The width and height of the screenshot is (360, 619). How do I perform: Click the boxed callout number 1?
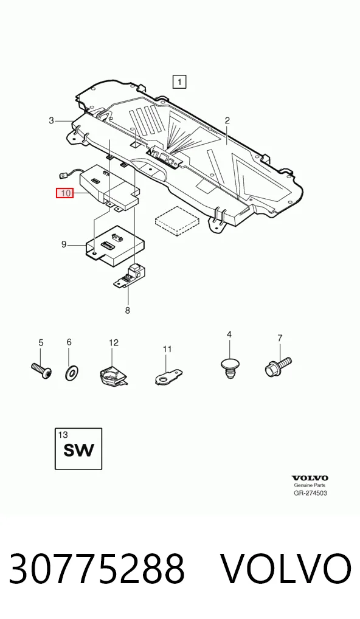click(179, 82)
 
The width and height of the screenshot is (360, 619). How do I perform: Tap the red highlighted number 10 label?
click(64, 193)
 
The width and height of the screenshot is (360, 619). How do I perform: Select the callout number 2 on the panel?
click(227, 120)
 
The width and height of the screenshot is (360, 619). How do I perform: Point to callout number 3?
click(51, 120)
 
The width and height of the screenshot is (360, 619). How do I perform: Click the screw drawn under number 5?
click(41, 371)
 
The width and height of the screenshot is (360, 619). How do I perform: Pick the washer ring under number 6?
click(71, 372)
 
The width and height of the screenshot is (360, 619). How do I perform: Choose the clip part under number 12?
click(113, 375)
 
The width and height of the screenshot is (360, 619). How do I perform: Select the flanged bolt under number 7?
click(278, 365)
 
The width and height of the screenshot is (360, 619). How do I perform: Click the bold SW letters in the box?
click(79, 450)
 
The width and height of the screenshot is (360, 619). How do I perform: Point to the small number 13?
click(63, 435)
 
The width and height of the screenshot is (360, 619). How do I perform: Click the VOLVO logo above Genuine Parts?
click(310, 478)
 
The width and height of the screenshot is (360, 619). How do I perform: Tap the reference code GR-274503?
click(310, 493)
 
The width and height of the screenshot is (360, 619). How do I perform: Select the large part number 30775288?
click(97, 569)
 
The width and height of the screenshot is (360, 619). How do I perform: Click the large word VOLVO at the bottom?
click(285, 569)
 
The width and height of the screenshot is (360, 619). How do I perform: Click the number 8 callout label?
click(128, 310)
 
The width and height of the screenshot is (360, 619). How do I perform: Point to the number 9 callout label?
click(64, 244)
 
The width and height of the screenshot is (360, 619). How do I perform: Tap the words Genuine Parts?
click(310, 485)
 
